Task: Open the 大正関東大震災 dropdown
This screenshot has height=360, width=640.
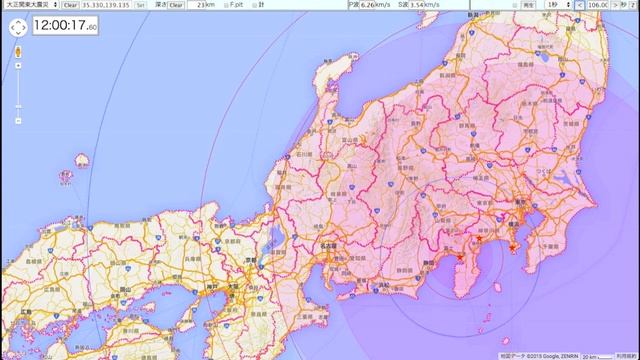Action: tap(31, 5)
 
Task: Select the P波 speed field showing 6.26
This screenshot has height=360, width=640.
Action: tap(373, 5)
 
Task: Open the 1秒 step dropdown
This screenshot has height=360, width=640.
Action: tap(556, 5)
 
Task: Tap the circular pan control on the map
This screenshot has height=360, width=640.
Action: tap(17, 28)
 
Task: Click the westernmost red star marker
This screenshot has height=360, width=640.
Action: tap(459, 259)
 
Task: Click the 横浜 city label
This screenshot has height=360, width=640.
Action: tap(520, 228)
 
